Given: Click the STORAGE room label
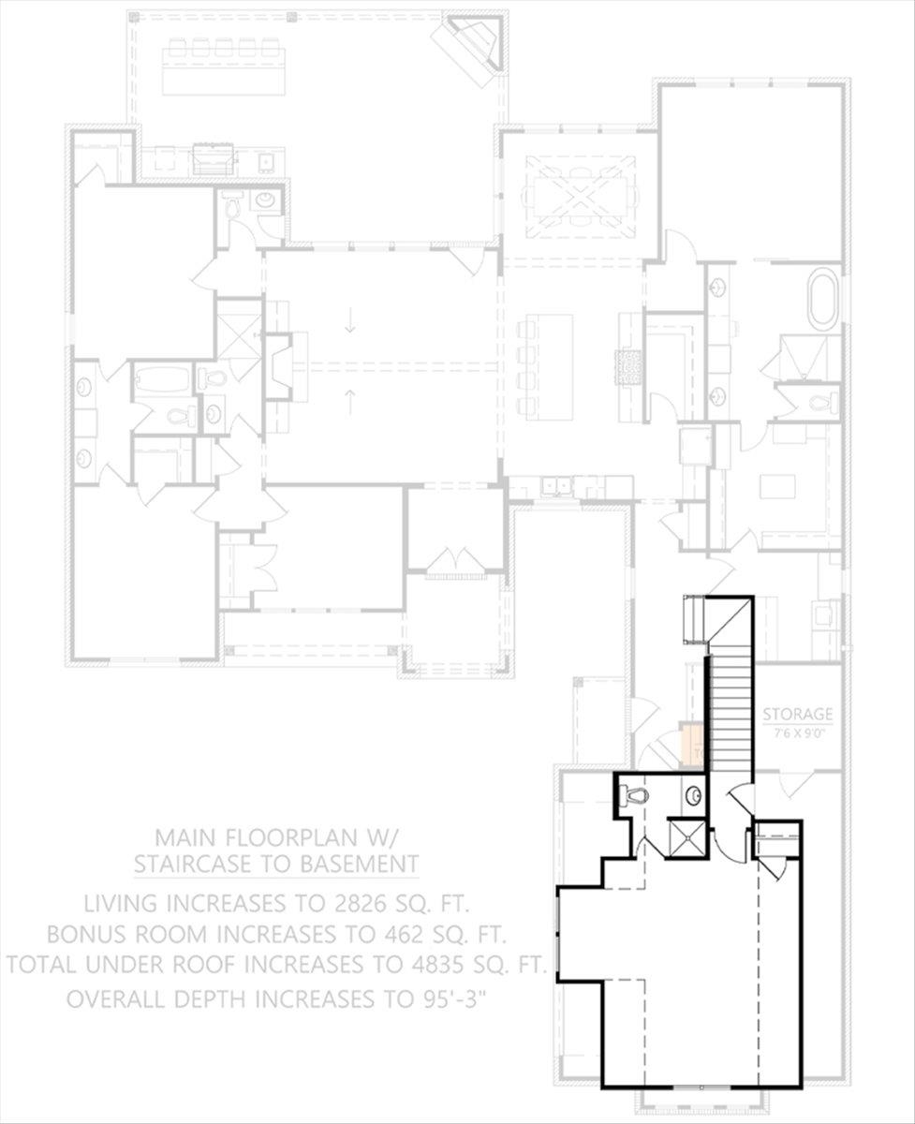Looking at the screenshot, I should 797,713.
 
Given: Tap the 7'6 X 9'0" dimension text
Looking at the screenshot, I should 797,734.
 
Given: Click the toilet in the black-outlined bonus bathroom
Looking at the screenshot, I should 636,796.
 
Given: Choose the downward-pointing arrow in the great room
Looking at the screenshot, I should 350,322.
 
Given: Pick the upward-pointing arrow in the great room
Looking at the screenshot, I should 350,402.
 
